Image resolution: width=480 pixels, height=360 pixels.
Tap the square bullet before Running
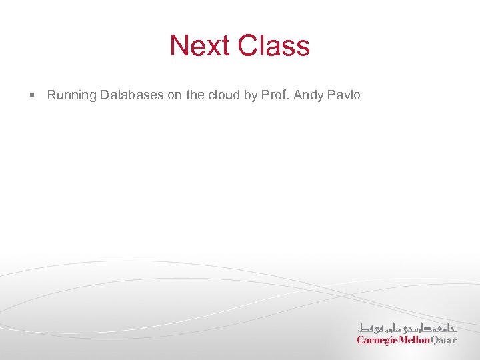[x=32, y=95]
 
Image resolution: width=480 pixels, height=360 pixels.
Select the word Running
[x=72, y=95]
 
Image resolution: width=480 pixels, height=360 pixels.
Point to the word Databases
[x=132, y=95]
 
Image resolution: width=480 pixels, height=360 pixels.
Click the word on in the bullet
[x=175, y=95]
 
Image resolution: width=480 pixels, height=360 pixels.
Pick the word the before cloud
[x=195, y=95]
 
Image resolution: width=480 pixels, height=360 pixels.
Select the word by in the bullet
[x=251, y=96]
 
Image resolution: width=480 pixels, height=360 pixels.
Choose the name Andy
[x=308, y=96]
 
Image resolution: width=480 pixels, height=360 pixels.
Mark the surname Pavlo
[x=344, y=95]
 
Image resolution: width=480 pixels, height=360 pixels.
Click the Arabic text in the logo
[x=407, y=328]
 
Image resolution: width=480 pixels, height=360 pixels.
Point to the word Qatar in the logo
[x=445, y=340]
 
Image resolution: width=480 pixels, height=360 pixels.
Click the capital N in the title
[x=179, y=46]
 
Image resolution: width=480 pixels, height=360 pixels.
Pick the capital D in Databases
[x=105, y=95]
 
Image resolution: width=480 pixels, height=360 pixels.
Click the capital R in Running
[x=51, y=95]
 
